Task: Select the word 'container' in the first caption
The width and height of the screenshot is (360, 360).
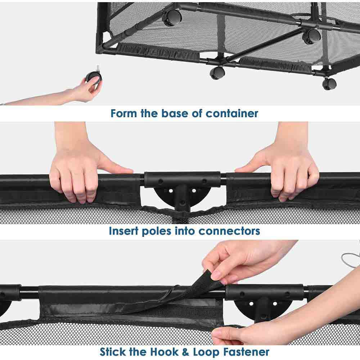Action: coord(232,113)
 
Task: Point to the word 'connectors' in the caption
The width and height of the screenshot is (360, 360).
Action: coord(229,231)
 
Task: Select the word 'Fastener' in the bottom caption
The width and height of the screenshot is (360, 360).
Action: coord(246,352)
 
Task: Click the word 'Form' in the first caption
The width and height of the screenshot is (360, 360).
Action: coord(123,113)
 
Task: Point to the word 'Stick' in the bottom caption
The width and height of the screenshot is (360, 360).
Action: coord(113,352)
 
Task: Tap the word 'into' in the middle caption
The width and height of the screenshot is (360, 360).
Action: coord(185,231)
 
